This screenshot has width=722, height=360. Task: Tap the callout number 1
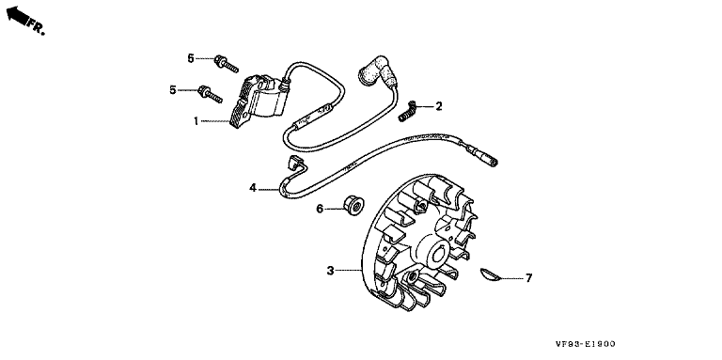click(x=196, y=121)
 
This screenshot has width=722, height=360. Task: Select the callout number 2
click(x=438, y=106)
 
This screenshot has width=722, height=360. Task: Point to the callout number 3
click(x=330, y=271)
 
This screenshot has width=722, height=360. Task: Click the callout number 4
click(x=253, y=188)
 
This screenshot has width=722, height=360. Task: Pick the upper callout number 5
click(x=191, y=58)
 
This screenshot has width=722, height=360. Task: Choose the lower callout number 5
click(x=173, y=90)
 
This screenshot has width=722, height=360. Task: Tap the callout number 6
click(x=320, y=209)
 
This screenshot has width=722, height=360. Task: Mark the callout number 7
click(x=528, y=278)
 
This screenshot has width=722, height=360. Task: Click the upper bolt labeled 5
click(x=226, y=65)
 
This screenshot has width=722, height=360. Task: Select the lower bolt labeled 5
click(x=210, y=94)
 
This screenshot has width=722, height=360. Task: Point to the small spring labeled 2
click(x=407, y=113)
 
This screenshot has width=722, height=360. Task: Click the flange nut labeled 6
click(x=353, y=205)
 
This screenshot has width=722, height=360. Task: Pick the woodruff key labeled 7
click(x=489, y=274)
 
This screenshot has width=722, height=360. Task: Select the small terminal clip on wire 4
click(x=294, y=163)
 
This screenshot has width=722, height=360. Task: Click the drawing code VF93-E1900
click(x=585, y=344)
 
